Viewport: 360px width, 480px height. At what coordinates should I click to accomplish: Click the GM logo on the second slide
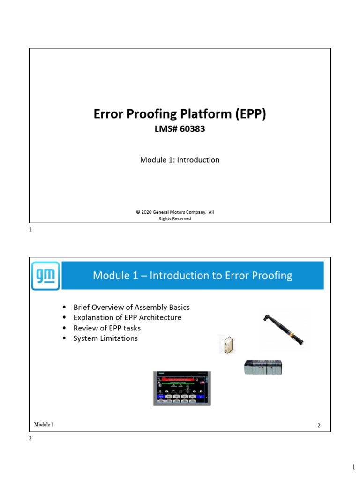pyautogui.click(x=45, y=276)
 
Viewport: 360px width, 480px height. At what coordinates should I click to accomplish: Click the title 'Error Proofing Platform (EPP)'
pyautogui.click(x=180, y=114)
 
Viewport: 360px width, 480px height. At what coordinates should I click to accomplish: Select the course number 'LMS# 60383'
pyautogui.click(x=180, y=129)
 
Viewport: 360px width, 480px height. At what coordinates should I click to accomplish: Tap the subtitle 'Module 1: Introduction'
pyautogui.click(x=180, y=160)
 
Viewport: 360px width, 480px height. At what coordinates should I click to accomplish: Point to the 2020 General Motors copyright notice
pyautogui.click(x=175, y=215)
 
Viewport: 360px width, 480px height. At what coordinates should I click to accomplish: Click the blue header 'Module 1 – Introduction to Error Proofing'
pyautogui.click(x=193, y=276)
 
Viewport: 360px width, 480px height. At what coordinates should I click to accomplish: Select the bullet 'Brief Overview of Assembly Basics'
pyautogui.click(x=131, y=307)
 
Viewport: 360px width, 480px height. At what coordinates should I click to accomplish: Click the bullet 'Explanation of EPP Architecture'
pyautogui.click(x=127, y=318)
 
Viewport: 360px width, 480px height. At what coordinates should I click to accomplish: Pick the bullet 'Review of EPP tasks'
pyautogui.click(x=107, y=328)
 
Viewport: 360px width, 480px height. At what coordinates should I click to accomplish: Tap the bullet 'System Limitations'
pyautogui.click(x=105, y=338)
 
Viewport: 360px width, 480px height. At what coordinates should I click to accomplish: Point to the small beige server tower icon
pyautogui.click(x=226, y=345)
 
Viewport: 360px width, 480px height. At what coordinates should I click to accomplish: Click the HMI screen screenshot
pyautogui.click(x=182, y=388)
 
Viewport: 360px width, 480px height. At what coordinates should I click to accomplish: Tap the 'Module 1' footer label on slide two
pyautogui.click(x=44, y=425)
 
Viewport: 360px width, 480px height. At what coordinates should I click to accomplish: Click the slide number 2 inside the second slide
pyautogui.click(x=319, y=426)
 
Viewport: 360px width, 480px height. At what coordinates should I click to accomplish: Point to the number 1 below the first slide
pyautogui.click(x=30, y=230)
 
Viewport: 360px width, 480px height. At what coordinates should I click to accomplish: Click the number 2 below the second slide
pyautogui.click(x=30, y=439)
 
